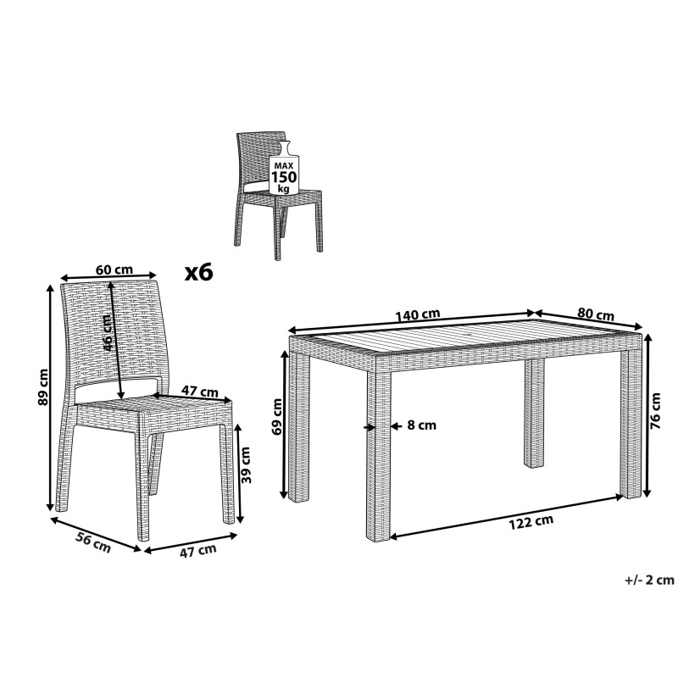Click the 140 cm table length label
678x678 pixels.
(418, 314)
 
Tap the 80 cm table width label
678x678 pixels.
(596, 314)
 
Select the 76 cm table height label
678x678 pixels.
(655, 410)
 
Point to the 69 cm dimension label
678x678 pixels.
(277, 416)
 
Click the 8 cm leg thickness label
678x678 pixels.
(421, 425)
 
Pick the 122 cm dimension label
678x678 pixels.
(531, 522)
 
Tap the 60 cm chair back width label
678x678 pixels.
(114, 270)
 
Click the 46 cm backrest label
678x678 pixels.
(108, 332)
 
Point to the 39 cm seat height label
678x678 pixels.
(245, 464)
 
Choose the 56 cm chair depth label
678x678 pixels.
(93, 542)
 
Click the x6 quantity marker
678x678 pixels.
(199, 272)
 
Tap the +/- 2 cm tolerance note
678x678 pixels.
(649, 580)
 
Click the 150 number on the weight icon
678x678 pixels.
(284, 177)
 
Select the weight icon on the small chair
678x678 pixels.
(284, 168)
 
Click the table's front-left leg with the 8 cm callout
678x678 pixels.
(378, 453)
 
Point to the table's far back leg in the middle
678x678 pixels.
(534, 413)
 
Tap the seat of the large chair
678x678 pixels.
(153, 408)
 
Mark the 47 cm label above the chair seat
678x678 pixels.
(199, 392)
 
